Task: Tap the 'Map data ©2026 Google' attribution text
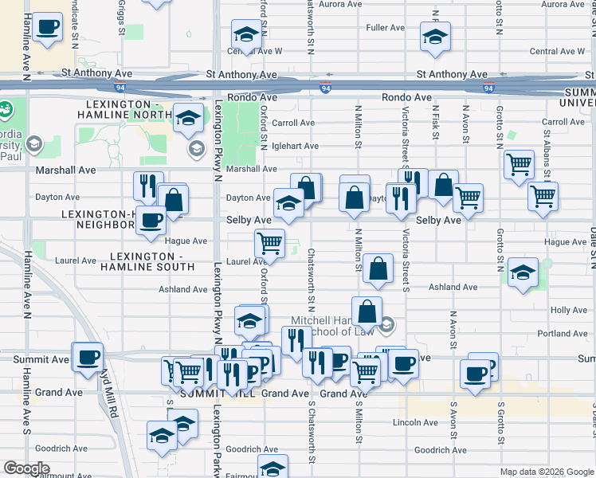point(547,472)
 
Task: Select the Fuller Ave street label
point(386,28)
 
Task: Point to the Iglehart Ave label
point(295,146)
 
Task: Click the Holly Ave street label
point(568,310)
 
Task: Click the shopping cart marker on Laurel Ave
point(270,242)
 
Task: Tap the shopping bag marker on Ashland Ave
point(378,268)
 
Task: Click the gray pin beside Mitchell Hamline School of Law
point(386,324)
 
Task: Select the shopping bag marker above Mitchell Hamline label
point(367,311)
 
